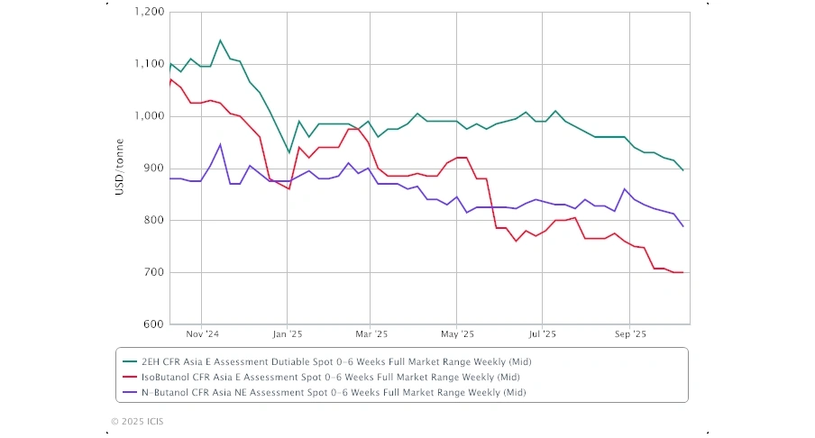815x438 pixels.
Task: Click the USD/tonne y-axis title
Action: tap(120, 169)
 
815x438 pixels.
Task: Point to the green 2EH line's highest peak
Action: tap(220, 41)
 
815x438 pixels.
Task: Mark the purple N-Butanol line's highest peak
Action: tap(220, 144)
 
